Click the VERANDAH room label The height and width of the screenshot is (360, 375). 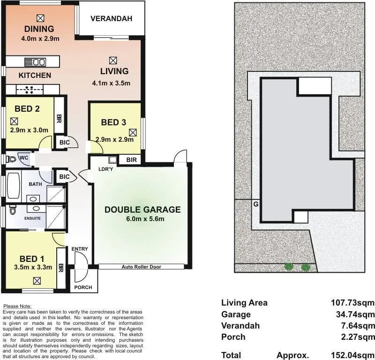[x=111, y=19]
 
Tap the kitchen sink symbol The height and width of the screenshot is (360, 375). [x=35, y=62]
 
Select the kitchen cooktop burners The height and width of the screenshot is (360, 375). [x=30, y=90]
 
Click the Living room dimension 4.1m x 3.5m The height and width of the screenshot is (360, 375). [x=111, y=84]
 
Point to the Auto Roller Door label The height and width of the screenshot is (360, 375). [x=142, y=267]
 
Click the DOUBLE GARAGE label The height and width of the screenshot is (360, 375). [x=142, y=210]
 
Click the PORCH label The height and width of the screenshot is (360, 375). [x=83, y=287]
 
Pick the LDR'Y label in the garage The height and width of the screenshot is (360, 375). [x=106, y=169]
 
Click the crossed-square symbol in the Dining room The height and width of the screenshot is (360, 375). [x=40, y=18]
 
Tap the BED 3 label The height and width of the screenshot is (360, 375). [x=113, y=123]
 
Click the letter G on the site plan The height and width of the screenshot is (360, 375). [x=256, y=204]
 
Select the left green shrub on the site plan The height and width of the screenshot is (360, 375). [x=289, y=267]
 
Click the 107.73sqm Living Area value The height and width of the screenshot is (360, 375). [x=352, y=303]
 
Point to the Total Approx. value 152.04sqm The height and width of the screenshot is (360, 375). [x=352, y=355]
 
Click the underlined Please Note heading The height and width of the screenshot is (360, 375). [x=17, y=306]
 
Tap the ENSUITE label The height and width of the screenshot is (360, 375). [x=32, y=218]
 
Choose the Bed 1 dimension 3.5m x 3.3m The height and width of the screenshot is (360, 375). [x=33, y=267]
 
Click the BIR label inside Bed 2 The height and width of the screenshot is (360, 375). [x=59, y=119]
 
